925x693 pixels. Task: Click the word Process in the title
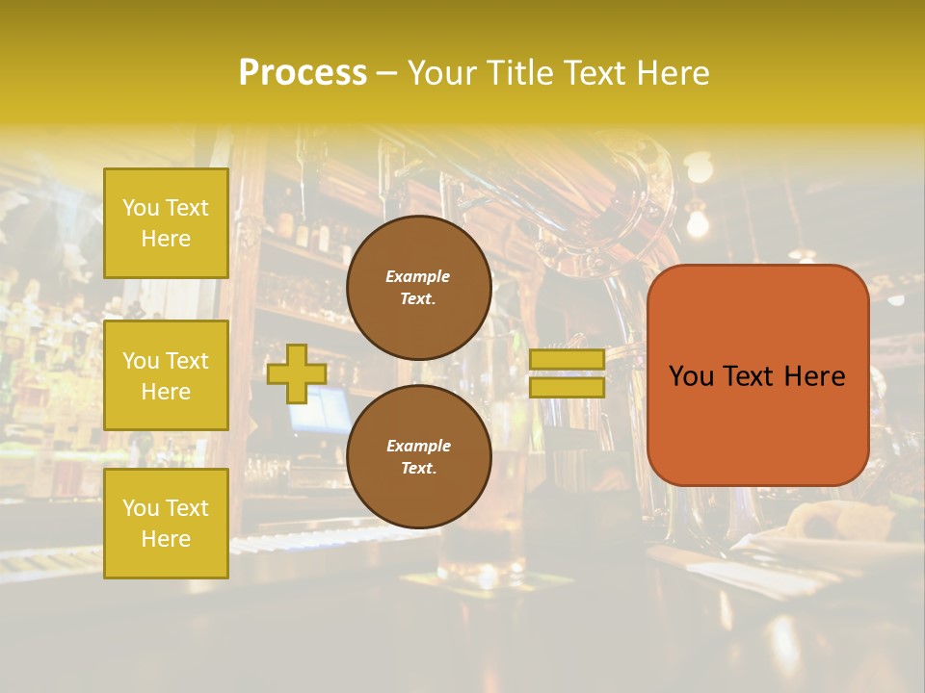coord(303,73)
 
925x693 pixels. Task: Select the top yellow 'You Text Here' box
coord(166,223)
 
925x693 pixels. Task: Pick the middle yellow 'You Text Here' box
coord(166,375)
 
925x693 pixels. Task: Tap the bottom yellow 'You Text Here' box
coord(166,524)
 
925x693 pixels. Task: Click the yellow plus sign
coord(297,374)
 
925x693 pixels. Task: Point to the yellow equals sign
coord(567,373)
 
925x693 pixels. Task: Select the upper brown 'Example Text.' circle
coord(419,288)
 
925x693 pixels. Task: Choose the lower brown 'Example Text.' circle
coord(419,457)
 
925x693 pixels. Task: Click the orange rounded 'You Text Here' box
coord(757,375)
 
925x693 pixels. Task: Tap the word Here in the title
coord(674,73)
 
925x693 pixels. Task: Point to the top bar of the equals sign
coord(567,359)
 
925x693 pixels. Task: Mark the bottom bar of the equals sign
coord(567,388)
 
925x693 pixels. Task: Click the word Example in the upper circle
coord(418,276)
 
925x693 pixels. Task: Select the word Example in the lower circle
coord(418,446)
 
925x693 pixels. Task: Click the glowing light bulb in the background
coord(697,223)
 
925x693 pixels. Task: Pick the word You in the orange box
coord(691,376)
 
